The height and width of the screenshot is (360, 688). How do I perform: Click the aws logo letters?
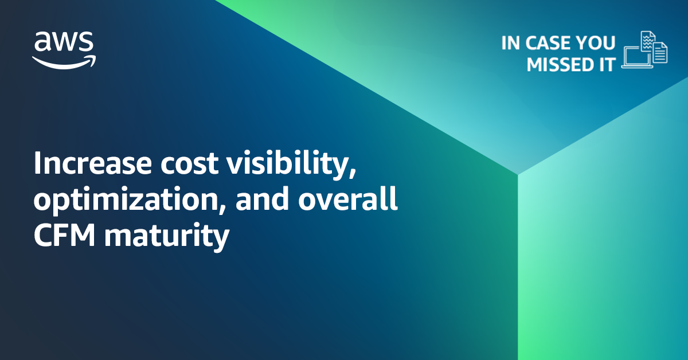pos(64,41)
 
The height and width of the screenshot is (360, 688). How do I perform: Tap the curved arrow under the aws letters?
pos(64,62)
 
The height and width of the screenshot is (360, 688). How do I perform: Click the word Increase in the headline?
pos(92,163)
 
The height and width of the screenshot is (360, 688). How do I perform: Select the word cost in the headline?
pos(189,163)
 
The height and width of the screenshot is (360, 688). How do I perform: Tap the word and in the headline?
pos(262,199)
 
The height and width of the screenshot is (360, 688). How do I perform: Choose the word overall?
pos(347,199)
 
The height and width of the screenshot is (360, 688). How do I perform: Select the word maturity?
pos(167,237)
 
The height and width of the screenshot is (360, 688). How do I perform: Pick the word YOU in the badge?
pos(595,42)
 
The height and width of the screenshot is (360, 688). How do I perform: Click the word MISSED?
pos(560,65)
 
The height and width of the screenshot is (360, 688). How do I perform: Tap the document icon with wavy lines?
pos(648,41)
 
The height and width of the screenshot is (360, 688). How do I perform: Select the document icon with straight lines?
pos(660,53)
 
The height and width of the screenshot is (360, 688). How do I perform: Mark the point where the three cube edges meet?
pos(518,174)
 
